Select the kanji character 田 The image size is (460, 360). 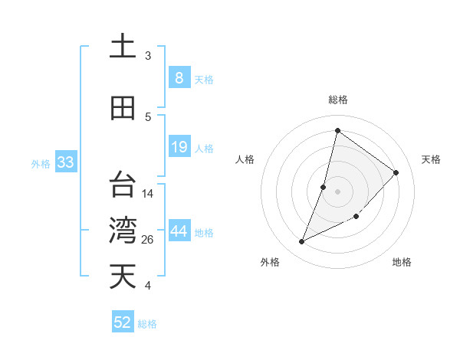tap(123, 108)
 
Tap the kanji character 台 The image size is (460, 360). tap(123, 185)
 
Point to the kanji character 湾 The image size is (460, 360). tap(123, 231)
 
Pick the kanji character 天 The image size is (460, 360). tap(123, 277)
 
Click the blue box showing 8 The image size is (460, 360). tap(179, 78)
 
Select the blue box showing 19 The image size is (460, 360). tap(179, 147)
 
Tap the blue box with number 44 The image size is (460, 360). tap(179, 232)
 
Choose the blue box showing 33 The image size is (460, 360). tap(65, 162)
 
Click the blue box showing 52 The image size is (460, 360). tap(123, 322)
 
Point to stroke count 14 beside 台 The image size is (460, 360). tap(149, 194)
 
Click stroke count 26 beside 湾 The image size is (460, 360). tap(149, 240)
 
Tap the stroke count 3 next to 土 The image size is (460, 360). tap(148, 56)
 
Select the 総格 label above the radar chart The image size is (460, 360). tap(338, 100)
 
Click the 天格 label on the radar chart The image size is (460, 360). tap(431, 159)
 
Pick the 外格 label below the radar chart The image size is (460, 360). tap(270, 263)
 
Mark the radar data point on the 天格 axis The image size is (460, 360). tap(396, 172)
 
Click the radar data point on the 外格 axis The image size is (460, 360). tap(302, 242)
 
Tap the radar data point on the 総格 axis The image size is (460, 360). tap(337, 131)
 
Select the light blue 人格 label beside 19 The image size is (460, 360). tap(204, 149)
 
